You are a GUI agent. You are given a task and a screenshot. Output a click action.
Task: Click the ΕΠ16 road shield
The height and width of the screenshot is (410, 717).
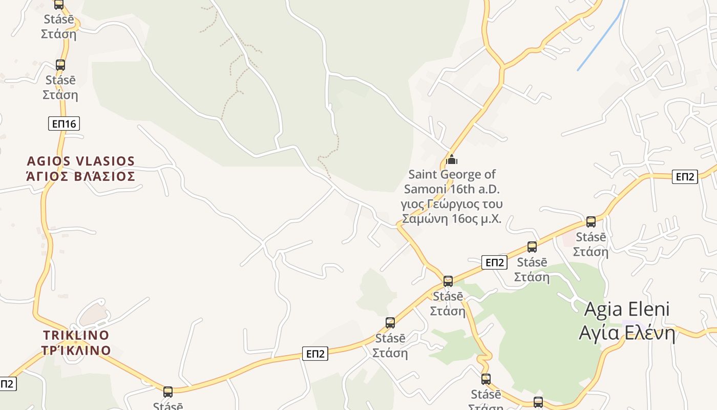[x=64, y=124]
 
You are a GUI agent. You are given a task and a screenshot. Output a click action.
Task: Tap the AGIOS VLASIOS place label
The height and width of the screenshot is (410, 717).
[x=80, y=161]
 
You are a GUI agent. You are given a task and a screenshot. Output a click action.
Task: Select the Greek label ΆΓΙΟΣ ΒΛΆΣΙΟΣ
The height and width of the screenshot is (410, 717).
[x=80, y=176]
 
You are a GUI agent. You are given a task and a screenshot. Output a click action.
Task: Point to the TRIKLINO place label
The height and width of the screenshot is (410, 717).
[x=76, y=335]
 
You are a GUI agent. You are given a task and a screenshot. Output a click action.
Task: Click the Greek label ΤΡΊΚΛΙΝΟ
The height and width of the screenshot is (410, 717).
[x=76, y=351]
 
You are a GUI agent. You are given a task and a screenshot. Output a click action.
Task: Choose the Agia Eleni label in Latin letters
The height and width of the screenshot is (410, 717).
[x=626, y=309]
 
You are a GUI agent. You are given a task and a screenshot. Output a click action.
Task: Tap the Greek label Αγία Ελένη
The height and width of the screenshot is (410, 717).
[x=627, y=333]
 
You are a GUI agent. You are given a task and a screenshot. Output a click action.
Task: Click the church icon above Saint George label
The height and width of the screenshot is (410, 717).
[x=451, y=159]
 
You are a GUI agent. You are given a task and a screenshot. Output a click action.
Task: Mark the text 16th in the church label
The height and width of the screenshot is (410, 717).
[x=462, y=189]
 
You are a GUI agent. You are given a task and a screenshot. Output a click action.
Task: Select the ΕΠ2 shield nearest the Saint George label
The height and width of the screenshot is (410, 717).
[x=494, y=263]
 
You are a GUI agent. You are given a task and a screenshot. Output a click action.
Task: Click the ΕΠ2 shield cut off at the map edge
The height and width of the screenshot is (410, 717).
[x=7, y=384]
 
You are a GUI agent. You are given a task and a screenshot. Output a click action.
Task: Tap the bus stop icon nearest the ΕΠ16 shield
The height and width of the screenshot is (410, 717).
[x=60, y=65]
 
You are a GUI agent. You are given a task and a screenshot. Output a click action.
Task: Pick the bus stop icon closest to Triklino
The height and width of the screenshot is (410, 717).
[x=168, y=392]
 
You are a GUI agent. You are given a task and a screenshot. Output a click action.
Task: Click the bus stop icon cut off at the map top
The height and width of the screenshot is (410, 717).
[x=59, y=4]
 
